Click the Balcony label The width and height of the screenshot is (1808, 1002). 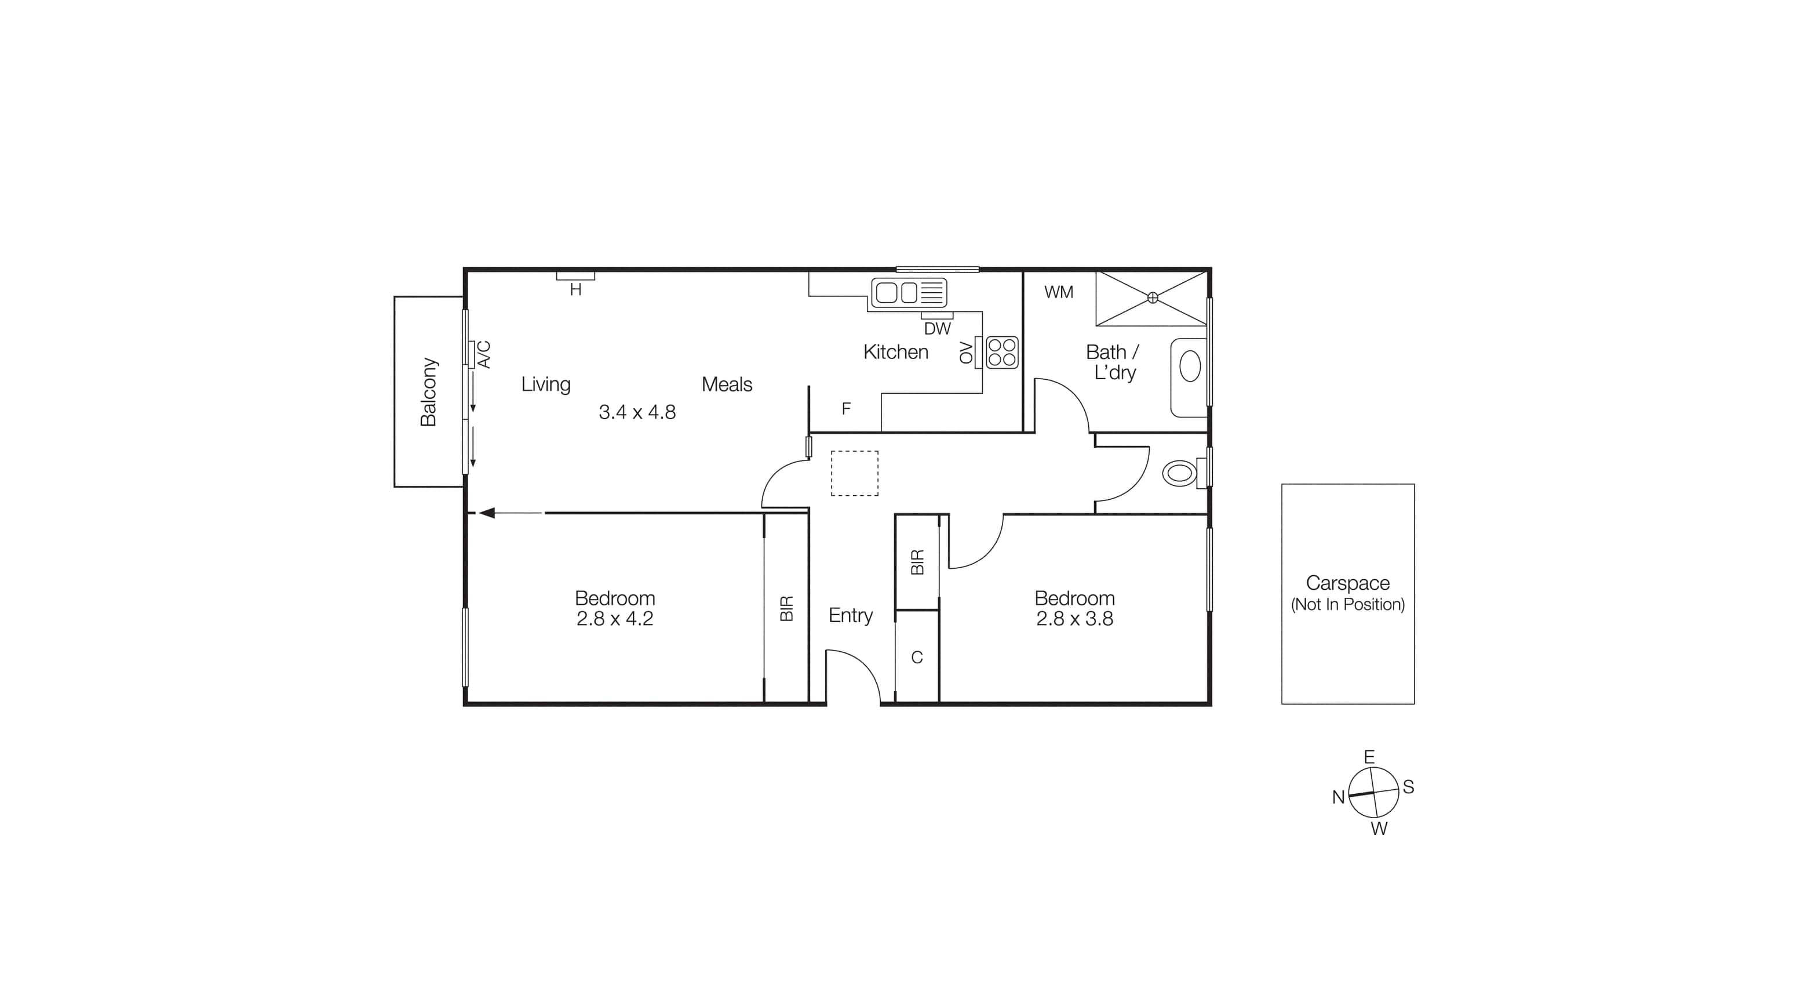click(x=428, y=392)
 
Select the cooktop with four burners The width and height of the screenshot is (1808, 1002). click(x=1001, y=353)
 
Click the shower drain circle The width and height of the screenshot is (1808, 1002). click(x=1153, y=297)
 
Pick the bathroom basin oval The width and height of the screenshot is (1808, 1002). click(x=1190, y=366)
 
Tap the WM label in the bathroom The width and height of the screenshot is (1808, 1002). click(x=1058, y=292)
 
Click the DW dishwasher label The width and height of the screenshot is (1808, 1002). click(x=937, y=329)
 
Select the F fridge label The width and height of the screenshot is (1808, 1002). click(x=847, y=409)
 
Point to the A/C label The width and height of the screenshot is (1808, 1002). click(x=484, y=355)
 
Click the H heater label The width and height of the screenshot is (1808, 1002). click(x=575, y=290)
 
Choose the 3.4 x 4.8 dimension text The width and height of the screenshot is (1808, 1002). click(x=637, y=412)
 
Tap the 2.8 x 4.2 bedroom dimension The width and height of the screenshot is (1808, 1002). click(x=615, y=619)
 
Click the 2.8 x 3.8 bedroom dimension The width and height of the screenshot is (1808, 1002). click(x=1074, y=619)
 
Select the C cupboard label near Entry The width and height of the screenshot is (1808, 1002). click(x=917, y=657)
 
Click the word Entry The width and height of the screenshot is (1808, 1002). click(x=851, y=615)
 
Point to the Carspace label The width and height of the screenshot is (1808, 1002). click(x=1347, y=583)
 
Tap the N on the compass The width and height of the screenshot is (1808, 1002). click(x=1339, y=797)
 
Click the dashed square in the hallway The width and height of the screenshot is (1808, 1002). click(x=854, y=473)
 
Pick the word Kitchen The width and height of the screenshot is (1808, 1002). click(x=895, y=352)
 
